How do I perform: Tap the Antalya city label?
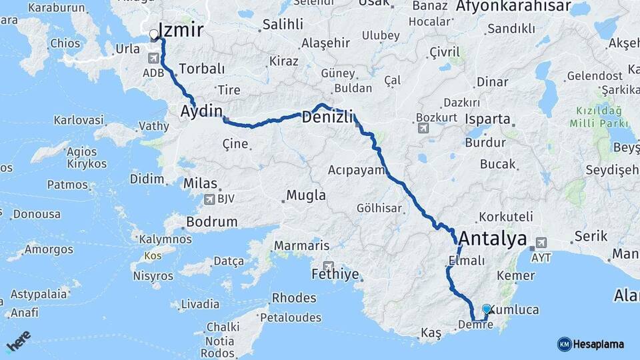(492, 239)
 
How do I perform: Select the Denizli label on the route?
(326, 117)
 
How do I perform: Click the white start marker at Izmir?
(154, 34)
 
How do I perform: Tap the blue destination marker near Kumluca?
(487, 309)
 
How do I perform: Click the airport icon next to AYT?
(541, 243)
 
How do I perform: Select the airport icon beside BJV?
(211, 199)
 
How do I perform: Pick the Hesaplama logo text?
(598, 344)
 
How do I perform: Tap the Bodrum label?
(212, 222)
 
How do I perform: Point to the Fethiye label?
(335, 274)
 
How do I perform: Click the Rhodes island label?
(294, 298)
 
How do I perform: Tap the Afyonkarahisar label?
(513, 7)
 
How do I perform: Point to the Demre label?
(475, 325)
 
